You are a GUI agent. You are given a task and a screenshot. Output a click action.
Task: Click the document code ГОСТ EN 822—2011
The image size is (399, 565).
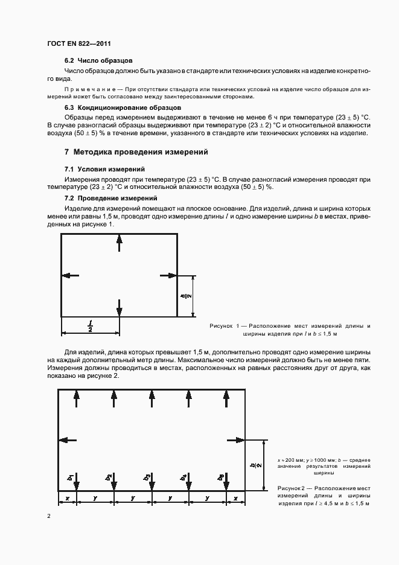click(x=78, y=44)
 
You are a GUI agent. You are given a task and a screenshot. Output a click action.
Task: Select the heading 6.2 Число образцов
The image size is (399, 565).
click(x=98, y=60)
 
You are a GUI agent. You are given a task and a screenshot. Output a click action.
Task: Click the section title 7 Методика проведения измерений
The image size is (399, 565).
click(x=136, y=152)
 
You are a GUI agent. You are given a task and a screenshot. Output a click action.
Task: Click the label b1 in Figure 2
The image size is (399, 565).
click(x=71, y=477)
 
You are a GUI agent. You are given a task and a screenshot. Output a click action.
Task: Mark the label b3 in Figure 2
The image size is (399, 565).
click(x=147, y=477)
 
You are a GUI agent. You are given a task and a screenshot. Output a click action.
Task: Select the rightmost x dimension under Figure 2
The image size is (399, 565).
click(x=235, y=499)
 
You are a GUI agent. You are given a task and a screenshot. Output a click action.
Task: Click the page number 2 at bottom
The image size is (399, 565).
click(x=49, y=517)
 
